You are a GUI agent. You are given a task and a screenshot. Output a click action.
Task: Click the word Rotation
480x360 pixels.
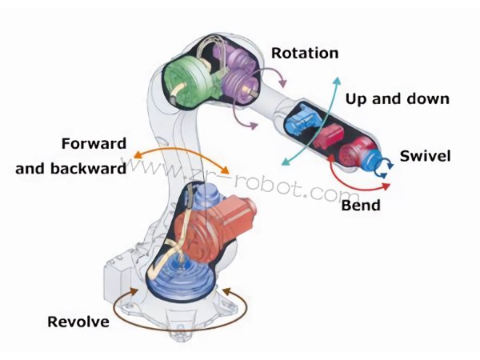(305, 54)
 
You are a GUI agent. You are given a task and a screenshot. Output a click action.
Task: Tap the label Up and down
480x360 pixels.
(398, 99)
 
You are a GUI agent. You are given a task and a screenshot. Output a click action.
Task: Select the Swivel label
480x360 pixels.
(426, 155)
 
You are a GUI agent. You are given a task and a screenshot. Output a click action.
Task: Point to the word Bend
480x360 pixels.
(361, 205)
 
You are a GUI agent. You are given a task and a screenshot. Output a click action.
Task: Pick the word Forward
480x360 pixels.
(94, 145)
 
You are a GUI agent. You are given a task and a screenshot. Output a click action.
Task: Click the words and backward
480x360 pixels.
(70, 169)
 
